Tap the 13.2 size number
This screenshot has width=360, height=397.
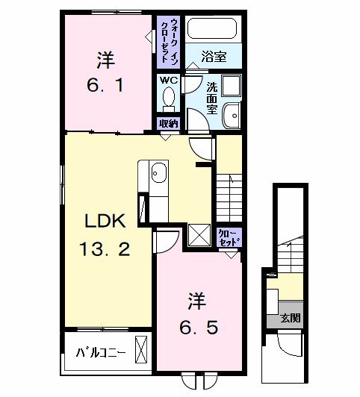tap(107, 249)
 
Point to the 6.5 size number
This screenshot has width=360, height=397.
tap(198, 327)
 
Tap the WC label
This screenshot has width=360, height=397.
tap(168, 79)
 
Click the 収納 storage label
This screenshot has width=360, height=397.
tap(168, 124)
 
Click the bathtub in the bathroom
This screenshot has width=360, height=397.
tap(211, 29)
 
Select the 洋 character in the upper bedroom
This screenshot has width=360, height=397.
tap(105, 58)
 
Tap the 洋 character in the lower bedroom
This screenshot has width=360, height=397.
tap(195, 302)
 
